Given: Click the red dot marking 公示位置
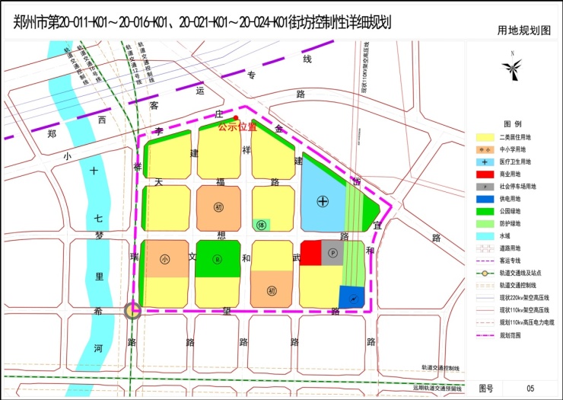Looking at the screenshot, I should click(236, 117).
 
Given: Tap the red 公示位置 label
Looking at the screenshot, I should click(237, 126).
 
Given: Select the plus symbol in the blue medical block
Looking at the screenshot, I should click(323, 201).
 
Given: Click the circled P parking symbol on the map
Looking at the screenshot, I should click(332, 253).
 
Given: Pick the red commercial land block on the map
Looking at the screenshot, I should click(310, 253).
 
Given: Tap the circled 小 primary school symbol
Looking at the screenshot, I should click(165, 258).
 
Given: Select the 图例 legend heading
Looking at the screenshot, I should click(512, 123).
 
